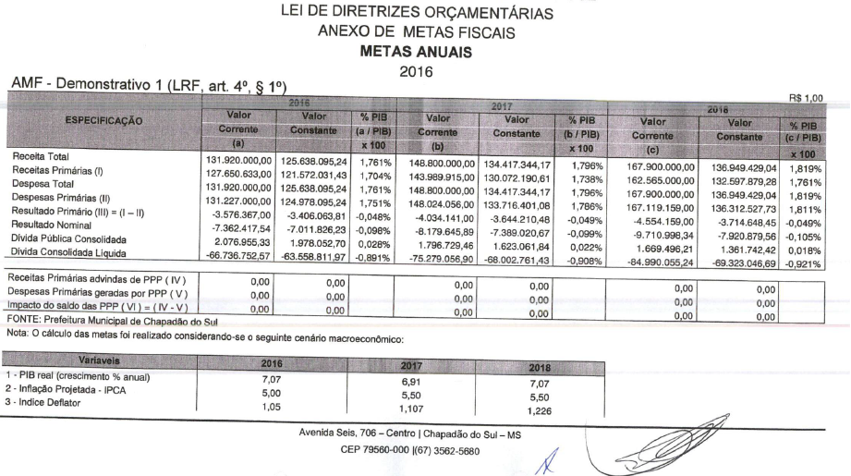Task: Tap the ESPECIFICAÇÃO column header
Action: point(102,120)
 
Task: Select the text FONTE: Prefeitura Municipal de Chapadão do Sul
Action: point(108,321)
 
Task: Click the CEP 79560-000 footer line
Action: point(422,453)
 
